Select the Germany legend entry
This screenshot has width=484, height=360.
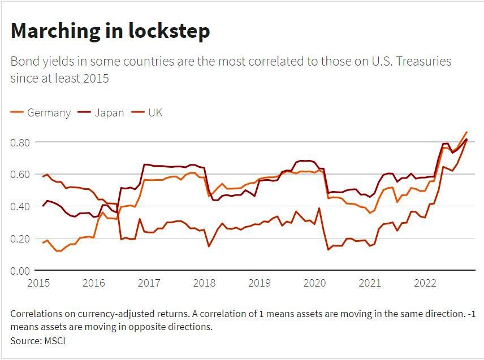49,112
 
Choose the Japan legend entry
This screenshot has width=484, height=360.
109,112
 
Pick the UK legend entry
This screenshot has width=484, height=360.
155,112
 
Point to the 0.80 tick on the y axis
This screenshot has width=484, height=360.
20,142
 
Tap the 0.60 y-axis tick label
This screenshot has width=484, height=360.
20,174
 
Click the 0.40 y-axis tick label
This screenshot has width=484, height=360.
20,206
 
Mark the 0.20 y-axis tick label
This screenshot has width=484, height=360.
20,238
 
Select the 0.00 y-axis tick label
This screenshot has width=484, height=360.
20,271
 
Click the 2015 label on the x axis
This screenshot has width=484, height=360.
38,283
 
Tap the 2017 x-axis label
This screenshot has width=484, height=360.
149,283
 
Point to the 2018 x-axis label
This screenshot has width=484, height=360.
204,283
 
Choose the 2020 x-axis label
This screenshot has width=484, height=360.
314,283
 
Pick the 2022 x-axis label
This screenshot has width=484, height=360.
425,283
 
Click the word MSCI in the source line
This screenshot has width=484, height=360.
55,341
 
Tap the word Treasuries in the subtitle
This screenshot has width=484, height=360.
421,61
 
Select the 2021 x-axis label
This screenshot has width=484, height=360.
370,283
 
